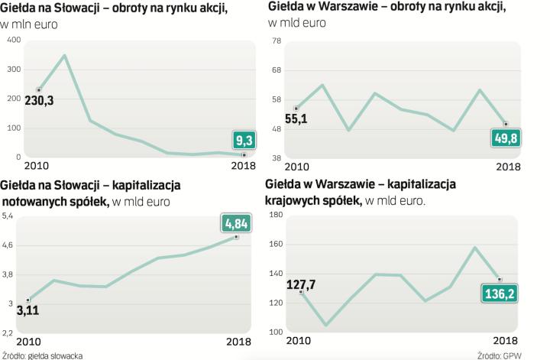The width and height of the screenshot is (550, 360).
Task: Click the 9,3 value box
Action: pos(244,140)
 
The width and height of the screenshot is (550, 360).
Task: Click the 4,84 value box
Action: pos(237,223)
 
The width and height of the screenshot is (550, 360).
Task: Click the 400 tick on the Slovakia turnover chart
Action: pos(13,39)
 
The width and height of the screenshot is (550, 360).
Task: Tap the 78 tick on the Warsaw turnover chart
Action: pos(277,41)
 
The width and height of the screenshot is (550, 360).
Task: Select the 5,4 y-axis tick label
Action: pos(8,217)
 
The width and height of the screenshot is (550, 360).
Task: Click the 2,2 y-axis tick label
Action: pos(8,332)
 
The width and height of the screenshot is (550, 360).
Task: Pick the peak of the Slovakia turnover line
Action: pos(64,55)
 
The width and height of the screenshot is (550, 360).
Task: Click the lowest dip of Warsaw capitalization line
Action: pos(327,325)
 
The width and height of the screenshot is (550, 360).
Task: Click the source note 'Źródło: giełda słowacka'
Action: pos(42,355)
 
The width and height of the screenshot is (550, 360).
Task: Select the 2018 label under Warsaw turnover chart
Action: pos(509,167)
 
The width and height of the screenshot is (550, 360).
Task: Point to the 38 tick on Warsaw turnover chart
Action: pos(277,157)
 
